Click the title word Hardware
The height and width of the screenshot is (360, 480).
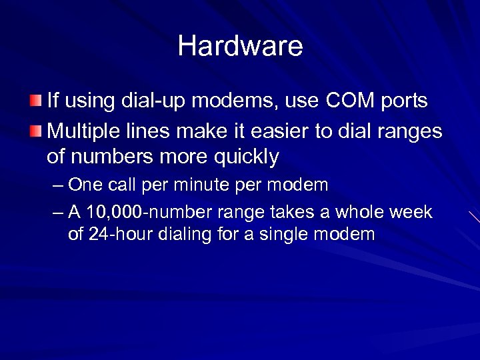240,46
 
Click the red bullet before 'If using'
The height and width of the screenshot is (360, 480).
35,101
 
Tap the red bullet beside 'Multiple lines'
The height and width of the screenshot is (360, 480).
35,129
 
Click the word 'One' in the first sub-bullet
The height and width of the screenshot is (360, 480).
83,184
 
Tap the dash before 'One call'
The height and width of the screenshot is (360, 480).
58,185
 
